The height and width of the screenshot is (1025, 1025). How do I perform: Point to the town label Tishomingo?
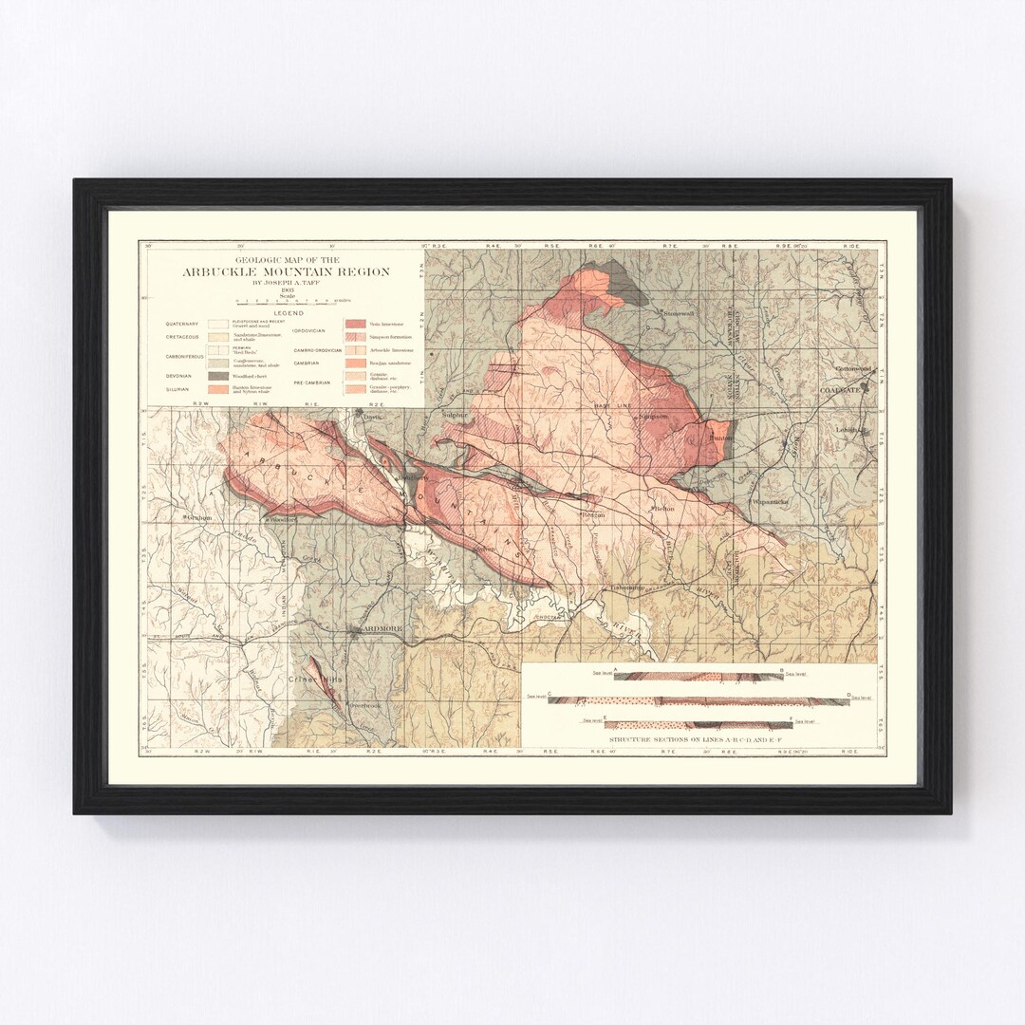click(x=627, y=587)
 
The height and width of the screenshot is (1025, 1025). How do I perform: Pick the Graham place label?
click(x=197, y=517)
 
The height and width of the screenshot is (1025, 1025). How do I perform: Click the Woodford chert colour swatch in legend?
click(x=220, y=376)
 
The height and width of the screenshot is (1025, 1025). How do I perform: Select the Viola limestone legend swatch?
click(x=357, y=324)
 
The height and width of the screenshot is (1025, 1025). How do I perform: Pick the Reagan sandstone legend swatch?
click(x=357, y=363)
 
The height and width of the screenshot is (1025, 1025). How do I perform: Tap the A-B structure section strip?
click(x=699, y=677)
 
